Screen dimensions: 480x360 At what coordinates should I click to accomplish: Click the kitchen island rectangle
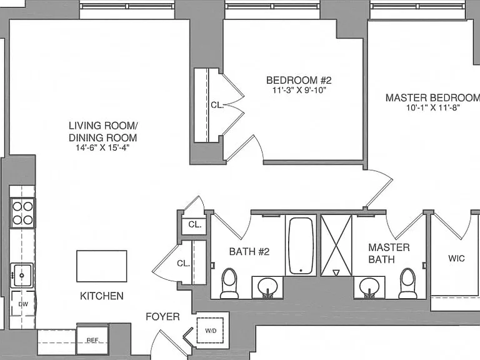click(x=102, y=266)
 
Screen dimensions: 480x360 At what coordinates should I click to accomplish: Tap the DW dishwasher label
click(x=23, y=304)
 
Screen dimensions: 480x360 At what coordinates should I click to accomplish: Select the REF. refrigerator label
click(x=93, y=340)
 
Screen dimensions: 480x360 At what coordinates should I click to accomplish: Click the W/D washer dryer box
click(x=210, y=331)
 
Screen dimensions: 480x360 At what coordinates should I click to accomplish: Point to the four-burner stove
click(x=22, y=212)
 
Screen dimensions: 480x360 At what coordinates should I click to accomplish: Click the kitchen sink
click(x=22, y=275)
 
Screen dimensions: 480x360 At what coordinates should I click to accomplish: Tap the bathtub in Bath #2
click(x=301, y=246)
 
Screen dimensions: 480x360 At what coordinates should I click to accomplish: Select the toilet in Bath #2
click(x=229, y=283)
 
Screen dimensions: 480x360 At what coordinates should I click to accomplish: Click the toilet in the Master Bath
click(x=407, y=283)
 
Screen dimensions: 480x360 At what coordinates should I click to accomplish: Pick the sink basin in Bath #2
click(x=267, y=286)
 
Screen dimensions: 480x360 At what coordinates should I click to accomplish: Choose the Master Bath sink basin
click(x=369, y=286)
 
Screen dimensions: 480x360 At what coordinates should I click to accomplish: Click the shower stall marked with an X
click(x=336, y=245)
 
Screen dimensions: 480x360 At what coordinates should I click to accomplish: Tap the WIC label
click(x=456, y=258)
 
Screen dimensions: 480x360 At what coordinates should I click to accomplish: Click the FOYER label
click(x=162, y=316)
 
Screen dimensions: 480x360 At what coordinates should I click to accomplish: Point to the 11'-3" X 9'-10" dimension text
click(x=299, y=90)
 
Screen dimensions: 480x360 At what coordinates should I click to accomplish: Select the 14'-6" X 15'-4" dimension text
click(x=102, y=148)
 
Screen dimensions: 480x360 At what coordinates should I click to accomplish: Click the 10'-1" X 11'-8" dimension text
click(x=434, y=107)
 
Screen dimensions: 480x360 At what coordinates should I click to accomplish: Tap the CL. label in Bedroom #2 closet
click(x=217, y=105)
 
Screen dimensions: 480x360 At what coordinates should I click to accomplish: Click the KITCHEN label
click(x=102, y=296)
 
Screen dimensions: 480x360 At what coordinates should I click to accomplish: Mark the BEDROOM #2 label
click(x=299, y=80)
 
